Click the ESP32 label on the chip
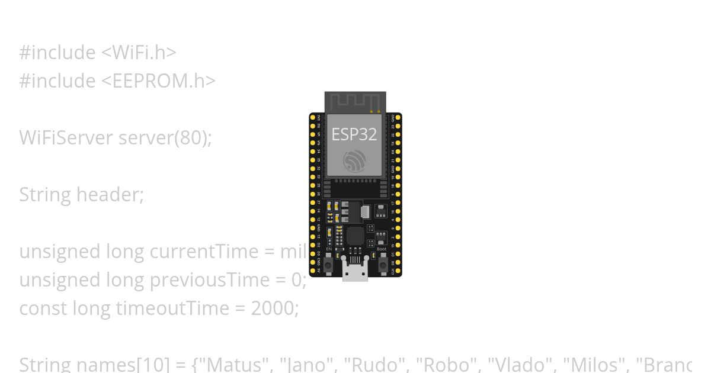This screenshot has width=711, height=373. (354, 134)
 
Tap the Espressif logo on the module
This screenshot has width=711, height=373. (354, 160)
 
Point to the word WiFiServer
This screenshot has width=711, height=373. (66, 137)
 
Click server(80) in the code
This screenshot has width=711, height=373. (165, 137)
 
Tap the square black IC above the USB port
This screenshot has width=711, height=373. (355, 235)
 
